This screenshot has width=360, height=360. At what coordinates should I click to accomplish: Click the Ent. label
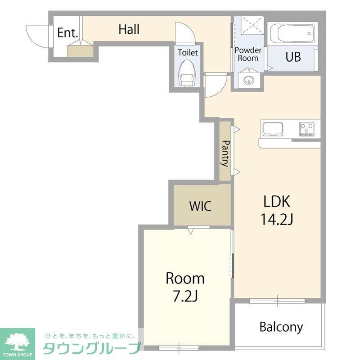[67, 32]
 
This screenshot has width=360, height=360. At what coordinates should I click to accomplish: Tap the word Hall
[129, 29]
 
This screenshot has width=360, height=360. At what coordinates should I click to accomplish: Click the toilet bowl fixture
[187, 73]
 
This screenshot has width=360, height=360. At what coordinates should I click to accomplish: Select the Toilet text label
[188, 53]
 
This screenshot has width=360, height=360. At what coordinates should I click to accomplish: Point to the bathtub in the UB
[292, 33]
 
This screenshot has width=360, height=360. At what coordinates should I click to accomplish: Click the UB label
[293, 57]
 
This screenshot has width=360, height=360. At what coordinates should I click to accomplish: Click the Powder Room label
[248, 54]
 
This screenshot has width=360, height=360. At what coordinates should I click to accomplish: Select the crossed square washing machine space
[252, 25]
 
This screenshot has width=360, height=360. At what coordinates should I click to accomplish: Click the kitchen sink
[273, 129]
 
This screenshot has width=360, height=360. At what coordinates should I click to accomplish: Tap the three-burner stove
[307, 129]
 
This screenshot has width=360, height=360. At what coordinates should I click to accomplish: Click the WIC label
[200, 206]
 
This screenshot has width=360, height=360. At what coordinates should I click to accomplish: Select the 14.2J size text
[277, 219]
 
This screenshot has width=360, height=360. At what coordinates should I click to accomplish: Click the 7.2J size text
[185, 296]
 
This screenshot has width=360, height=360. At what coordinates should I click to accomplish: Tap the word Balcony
[281, 327]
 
